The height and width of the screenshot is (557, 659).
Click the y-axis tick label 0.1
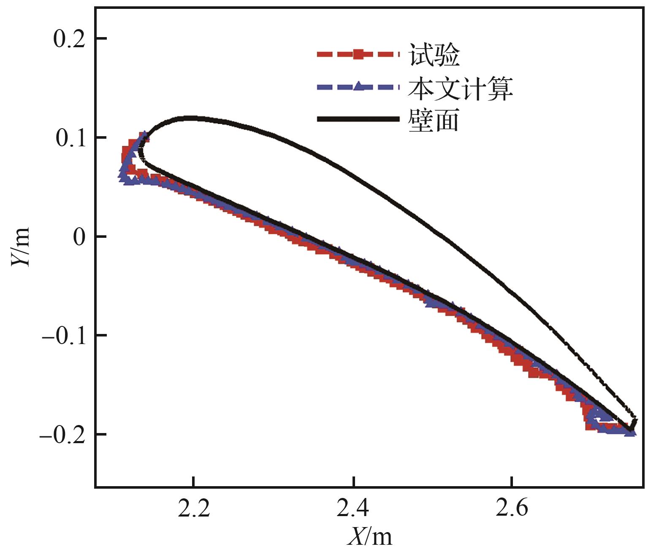[x=71, y=138]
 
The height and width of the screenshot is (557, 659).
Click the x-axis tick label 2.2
[x=194, y=508]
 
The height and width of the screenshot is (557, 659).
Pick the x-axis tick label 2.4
[x=353, y=508]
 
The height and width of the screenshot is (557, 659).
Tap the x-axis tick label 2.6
[x=512, y=508]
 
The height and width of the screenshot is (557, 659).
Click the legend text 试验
[x=434, y=55]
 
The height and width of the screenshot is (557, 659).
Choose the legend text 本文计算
[x=460, y=88]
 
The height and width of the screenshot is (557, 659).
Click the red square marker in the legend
[x=358, y=54]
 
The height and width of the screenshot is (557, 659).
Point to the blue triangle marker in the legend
[x=358, y=86]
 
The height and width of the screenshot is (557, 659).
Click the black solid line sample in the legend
[x=358, y=119]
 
